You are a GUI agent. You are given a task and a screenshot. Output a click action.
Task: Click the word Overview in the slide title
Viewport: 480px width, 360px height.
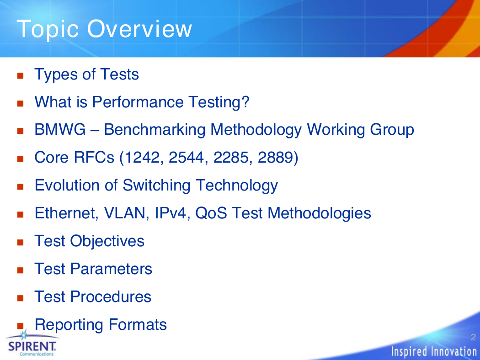click(x=139, y=29)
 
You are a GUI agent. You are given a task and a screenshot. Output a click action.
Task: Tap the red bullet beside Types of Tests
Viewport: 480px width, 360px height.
click(x=21, y=75)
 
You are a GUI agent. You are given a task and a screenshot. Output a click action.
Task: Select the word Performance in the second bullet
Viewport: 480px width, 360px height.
click(x=138, y=102)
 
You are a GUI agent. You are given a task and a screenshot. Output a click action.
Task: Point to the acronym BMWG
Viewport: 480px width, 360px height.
click(x=60, y=129)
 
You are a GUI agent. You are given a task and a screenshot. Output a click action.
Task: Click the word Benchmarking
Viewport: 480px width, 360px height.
click(x=155, y=130)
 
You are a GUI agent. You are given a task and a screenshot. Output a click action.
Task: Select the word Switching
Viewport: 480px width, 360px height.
click(x=156, y=185)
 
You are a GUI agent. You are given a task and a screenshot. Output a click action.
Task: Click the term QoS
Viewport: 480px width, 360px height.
click(x=211, y=213)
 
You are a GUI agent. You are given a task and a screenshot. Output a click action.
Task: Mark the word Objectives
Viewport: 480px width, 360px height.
click(x=107, y=241)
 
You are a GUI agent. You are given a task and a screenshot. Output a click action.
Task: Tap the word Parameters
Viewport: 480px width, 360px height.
click(x=111, y=269)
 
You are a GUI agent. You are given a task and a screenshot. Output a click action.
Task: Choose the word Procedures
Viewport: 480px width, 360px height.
click(x=111, y=297)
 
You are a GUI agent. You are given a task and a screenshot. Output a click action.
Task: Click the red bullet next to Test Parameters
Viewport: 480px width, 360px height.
click(x=21, y=270)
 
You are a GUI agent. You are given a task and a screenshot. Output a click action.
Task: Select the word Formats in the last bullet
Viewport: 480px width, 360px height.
click(x=138, y=325)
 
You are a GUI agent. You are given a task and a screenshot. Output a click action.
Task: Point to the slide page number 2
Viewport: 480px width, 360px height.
click(x=473, y=337)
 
